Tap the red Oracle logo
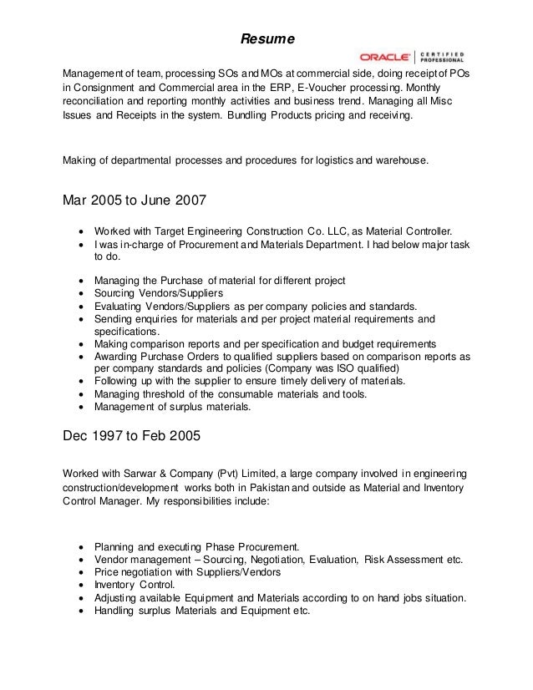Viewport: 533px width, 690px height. click(384, 58)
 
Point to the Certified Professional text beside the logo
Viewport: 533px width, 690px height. click(441, 58)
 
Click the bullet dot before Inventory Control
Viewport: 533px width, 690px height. click(80, 585)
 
